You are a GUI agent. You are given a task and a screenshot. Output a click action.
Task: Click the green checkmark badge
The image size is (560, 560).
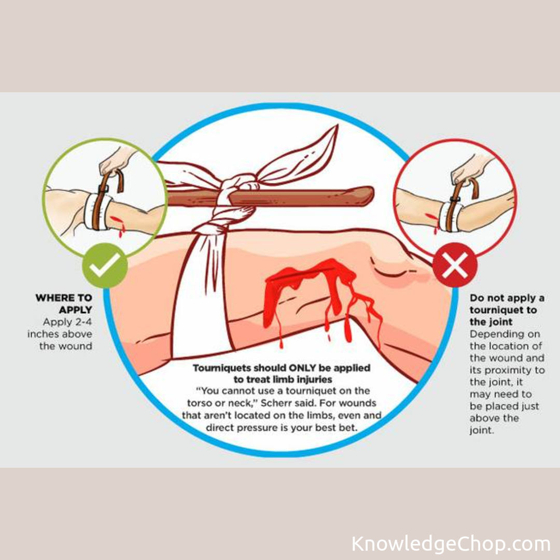104,265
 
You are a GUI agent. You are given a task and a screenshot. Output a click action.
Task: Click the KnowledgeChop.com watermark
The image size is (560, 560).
451,544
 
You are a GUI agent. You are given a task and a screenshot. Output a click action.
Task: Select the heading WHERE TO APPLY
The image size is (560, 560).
64,304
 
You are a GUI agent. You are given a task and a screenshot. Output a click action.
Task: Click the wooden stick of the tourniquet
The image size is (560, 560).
311,195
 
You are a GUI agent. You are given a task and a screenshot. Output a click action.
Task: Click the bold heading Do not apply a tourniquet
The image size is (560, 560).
506,304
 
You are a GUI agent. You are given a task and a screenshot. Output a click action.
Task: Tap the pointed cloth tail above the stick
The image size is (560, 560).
311,150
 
